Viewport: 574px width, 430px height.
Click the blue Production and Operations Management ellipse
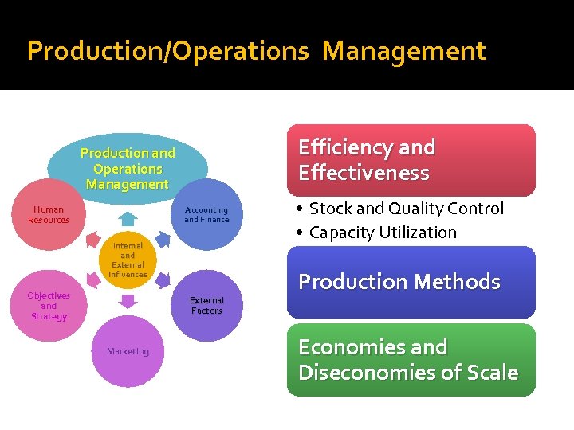coord(128,168)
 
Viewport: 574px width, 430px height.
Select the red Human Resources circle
coord(49,215)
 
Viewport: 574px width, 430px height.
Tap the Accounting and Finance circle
coord(206,215)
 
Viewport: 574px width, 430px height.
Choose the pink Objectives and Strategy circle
coord(49,306)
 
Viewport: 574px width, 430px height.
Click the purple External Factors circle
coord(206,306)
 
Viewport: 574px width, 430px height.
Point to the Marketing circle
coord(128,351)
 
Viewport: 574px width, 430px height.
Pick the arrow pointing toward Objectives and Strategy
coord(90,280)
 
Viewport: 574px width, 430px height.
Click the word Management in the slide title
coord(404,51)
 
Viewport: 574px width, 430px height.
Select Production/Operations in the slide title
coord(167,51)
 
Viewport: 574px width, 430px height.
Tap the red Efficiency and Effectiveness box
coord(411,160)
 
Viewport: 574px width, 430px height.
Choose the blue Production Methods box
coord(411,282)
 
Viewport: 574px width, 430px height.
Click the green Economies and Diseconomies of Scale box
coord(411,359)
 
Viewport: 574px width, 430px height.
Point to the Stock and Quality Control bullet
coord(406,209)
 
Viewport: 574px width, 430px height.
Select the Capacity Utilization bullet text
coord(383,233)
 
